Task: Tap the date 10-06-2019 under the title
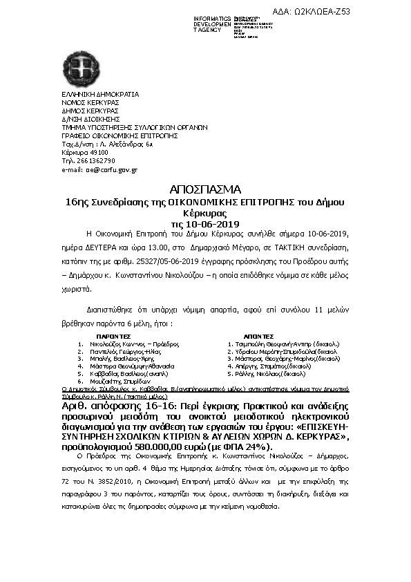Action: [205, 225]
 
